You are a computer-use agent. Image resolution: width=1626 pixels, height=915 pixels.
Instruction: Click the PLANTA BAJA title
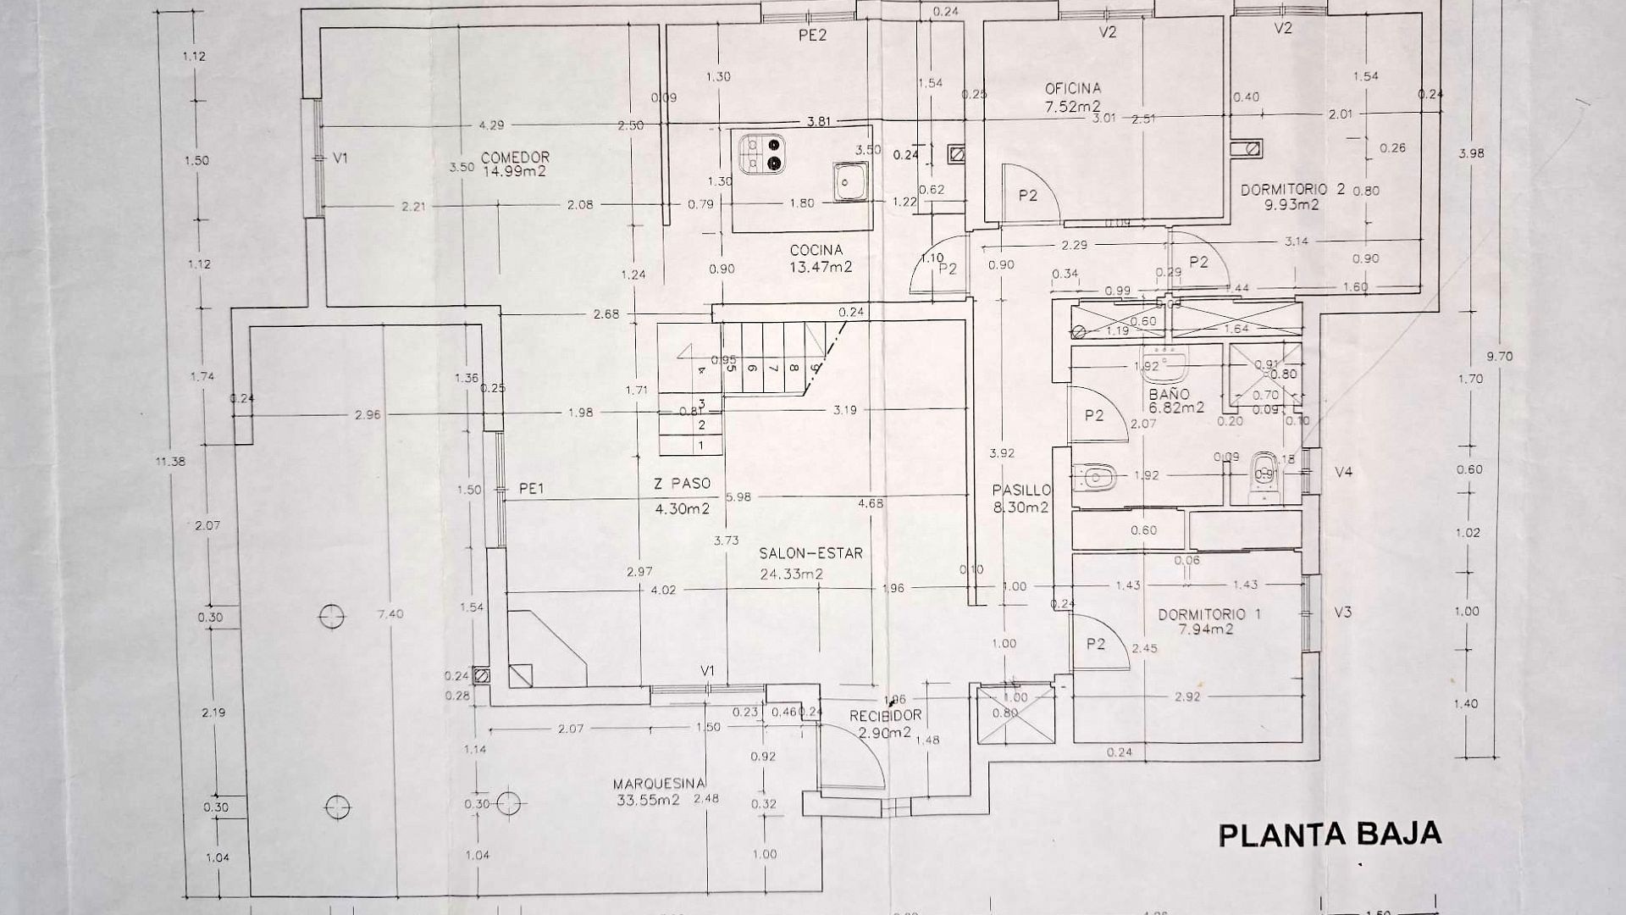coord(1330,835)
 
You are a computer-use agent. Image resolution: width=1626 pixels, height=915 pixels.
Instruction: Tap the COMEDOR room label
coord(515,158)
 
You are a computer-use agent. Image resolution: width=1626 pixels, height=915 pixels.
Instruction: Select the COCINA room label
coord(816,251)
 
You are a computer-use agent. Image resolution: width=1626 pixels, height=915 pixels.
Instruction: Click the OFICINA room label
coord(1072,88)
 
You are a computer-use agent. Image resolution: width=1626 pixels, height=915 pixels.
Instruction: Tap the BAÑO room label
coord(1169,394)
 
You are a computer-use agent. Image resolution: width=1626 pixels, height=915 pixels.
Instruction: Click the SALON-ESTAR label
coord(799,553)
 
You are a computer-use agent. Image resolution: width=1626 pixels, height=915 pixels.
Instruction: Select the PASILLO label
coord(1022,491)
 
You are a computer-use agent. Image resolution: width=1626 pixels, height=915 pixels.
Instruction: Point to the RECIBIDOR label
coord(885,716)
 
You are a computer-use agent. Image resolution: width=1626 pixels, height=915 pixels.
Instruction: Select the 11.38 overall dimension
coord(170,462)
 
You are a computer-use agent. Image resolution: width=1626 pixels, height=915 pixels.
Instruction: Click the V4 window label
coord(1344,472)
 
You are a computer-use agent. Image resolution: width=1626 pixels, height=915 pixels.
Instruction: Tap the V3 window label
coord(1342,612)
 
